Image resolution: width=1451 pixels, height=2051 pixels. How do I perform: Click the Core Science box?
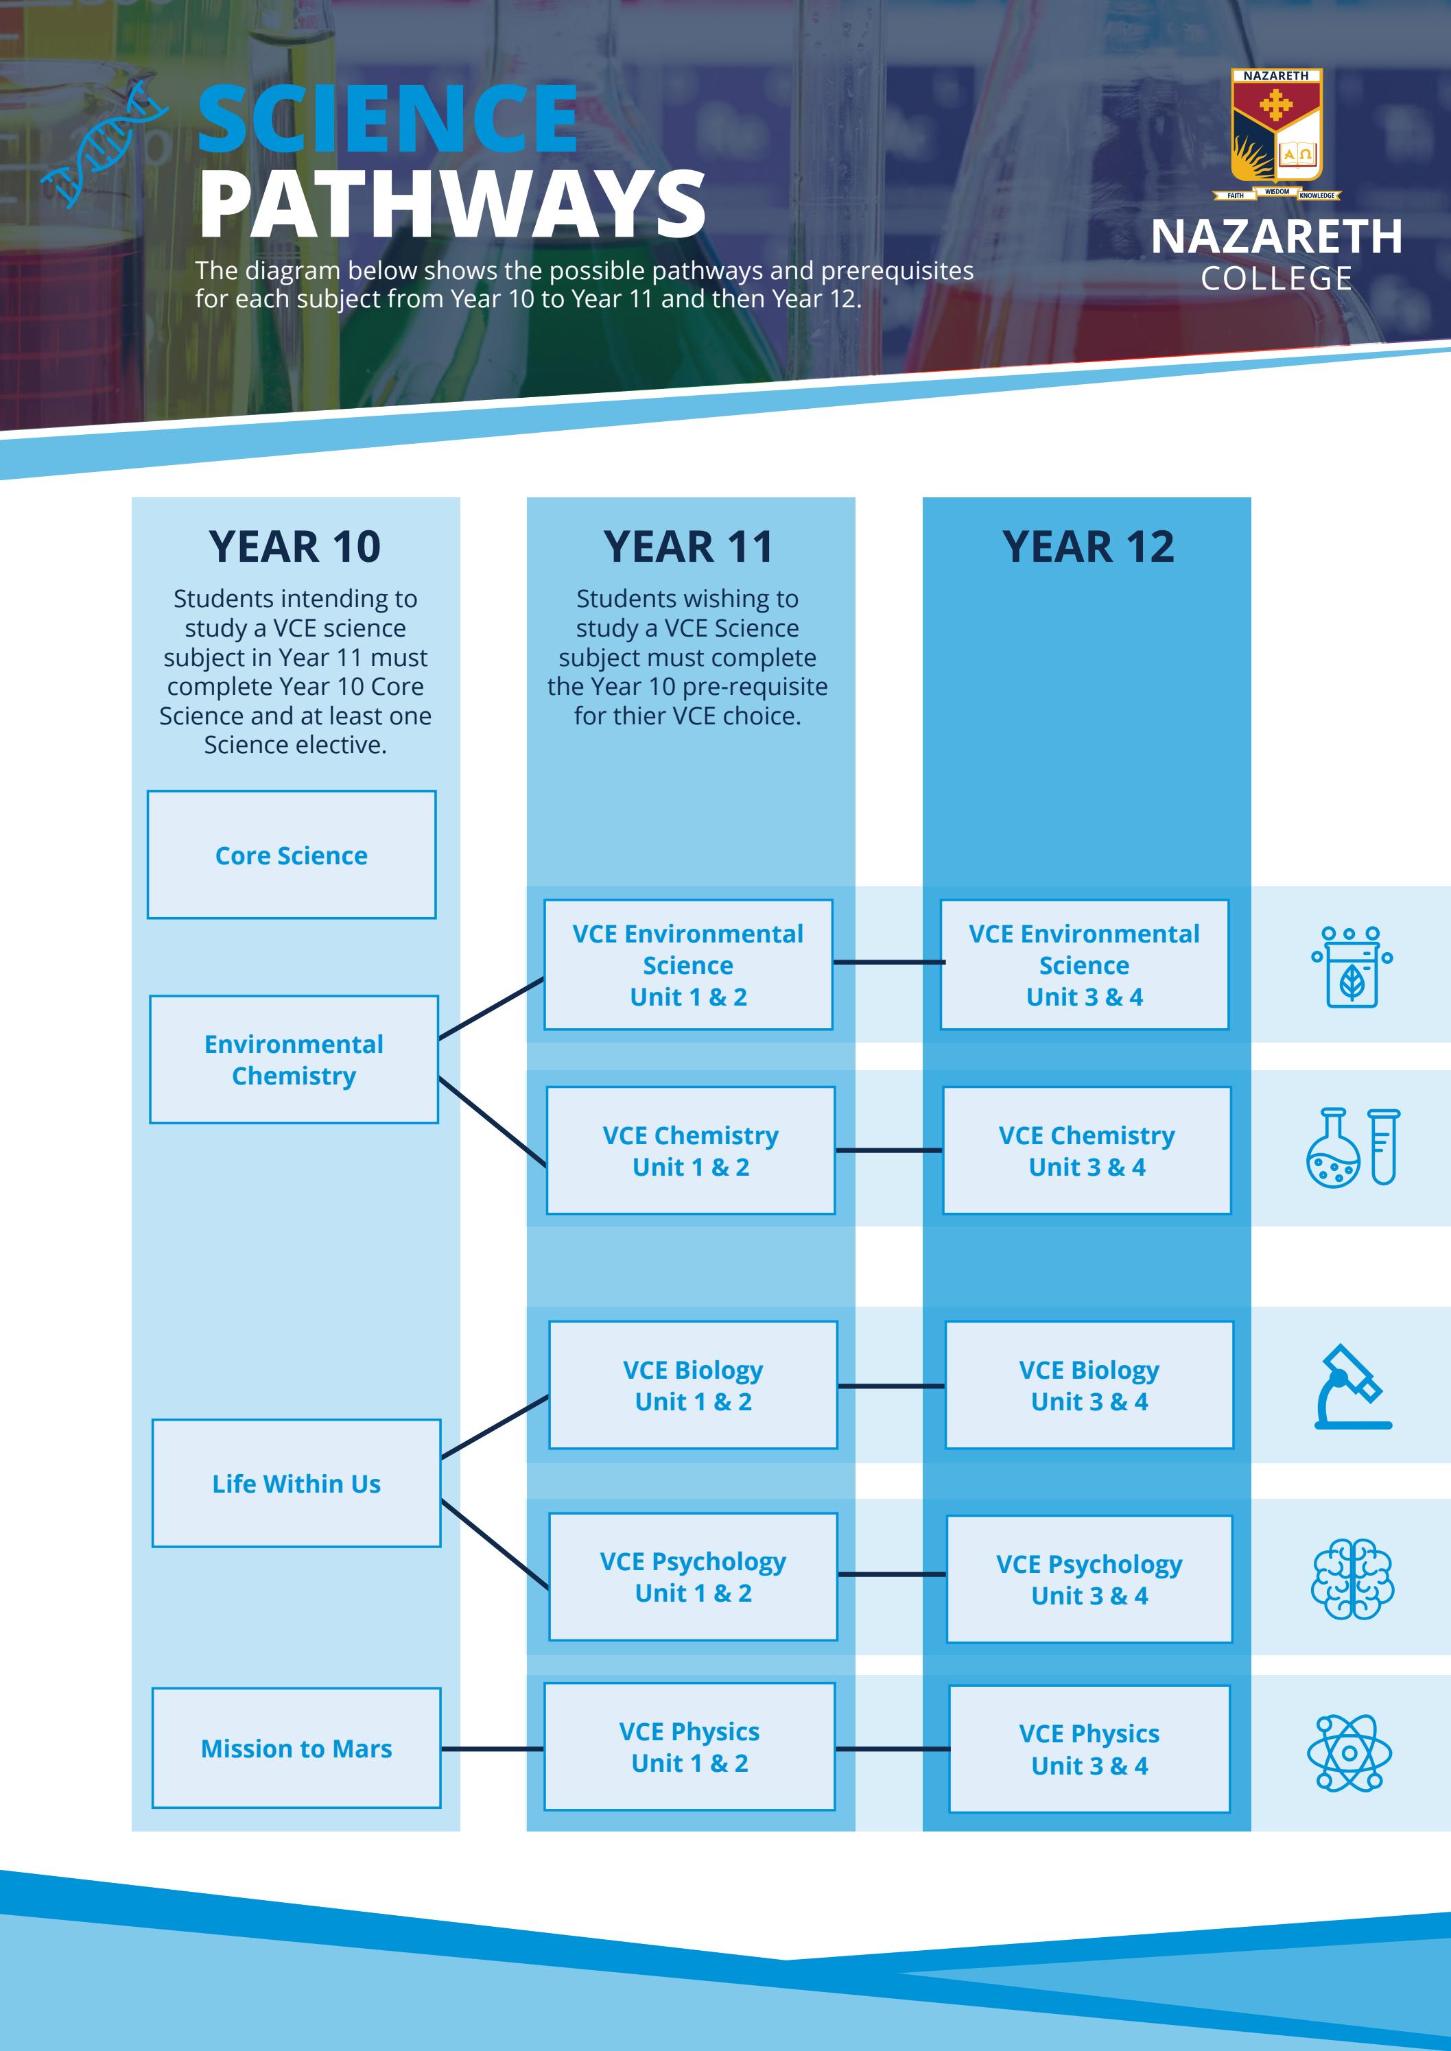coord(292,854)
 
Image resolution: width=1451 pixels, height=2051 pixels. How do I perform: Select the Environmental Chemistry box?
coord(294,1058)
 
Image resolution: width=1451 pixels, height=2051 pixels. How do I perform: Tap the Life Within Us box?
coord(296,1483)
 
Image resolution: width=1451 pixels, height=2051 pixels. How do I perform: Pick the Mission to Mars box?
coord(296,1748)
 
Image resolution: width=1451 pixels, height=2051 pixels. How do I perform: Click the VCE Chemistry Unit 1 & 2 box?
coord(691,1150)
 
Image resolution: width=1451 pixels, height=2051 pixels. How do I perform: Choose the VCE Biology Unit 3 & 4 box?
coord(1089,1386)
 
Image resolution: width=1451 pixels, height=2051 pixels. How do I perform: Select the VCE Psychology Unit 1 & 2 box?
coord(694,1576)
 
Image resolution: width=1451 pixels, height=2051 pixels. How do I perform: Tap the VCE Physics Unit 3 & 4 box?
coord(1089,1749)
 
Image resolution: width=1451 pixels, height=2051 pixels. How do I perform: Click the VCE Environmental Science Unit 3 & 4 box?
coord(1085,964)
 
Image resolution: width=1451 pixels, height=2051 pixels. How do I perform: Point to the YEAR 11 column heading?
coord(688,547)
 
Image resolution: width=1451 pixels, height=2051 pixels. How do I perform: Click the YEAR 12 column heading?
coord(1087,547)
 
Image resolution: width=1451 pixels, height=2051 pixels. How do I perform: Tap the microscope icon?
coord(1352,1387)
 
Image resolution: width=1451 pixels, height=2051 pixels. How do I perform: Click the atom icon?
coord(1349,1753)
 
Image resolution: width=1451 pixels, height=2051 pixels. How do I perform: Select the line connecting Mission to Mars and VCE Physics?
coord(493,1748)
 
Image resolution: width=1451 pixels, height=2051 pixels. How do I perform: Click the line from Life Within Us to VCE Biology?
coord(495,1427)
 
